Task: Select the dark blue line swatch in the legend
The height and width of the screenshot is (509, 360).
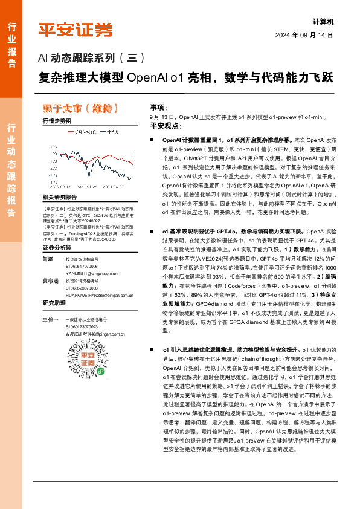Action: point(103,132)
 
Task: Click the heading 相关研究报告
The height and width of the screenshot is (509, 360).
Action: point(60,197)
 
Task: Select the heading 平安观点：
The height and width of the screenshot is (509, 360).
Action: point(165,125)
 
